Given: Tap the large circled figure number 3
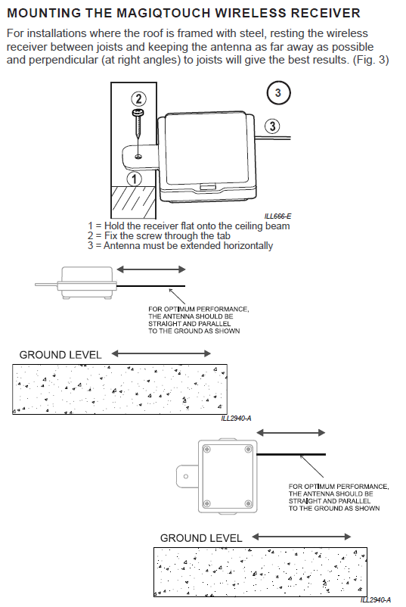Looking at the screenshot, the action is point(277,93).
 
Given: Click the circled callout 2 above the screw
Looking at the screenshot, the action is point(138,99).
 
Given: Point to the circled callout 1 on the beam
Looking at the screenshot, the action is point(134,179).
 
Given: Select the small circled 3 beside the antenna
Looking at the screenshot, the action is point(272,126).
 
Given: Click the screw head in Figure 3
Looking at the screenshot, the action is point(138,113).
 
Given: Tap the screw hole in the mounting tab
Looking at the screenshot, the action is point(138,157).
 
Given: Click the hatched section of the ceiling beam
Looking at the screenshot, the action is point(134,201).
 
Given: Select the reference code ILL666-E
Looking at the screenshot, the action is point(277,216).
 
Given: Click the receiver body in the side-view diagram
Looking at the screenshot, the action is point(87,282).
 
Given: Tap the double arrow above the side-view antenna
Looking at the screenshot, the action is point(151,269).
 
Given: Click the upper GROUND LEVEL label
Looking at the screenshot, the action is point(60,355).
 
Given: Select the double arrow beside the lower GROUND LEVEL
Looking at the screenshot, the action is point(301,537).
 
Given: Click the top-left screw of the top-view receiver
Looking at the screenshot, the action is point(207,450).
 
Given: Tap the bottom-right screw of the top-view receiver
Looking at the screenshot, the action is point(248,503).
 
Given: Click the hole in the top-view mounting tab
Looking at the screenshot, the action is point(185,477).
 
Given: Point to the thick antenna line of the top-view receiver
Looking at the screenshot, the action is point(291,454).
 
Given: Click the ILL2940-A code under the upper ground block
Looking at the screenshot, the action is point(236,418).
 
